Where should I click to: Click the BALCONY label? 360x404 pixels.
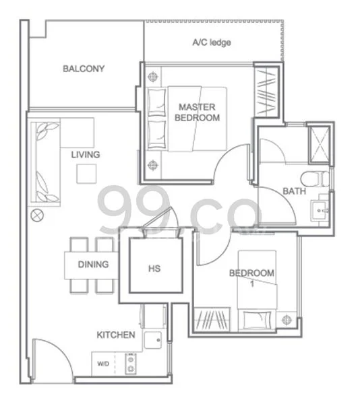point(83,68)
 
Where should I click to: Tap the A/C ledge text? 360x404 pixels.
point(212,42)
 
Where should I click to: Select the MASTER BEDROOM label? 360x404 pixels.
point(197,112)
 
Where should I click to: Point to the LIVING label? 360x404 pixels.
point(85,155)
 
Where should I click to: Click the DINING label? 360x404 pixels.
point(93,265)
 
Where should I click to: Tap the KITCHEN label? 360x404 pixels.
point(116,335)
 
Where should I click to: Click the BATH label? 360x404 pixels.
point(293,191)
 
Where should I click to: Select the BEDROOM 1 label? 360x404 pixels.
point(251,277)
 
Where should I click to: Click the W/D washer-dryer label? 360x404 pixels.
point(102,364)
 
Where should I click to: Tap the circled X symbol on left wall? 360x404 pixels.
point(37,216)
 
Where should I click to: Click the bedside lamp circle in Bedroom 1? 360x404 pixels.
point(287,319)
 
